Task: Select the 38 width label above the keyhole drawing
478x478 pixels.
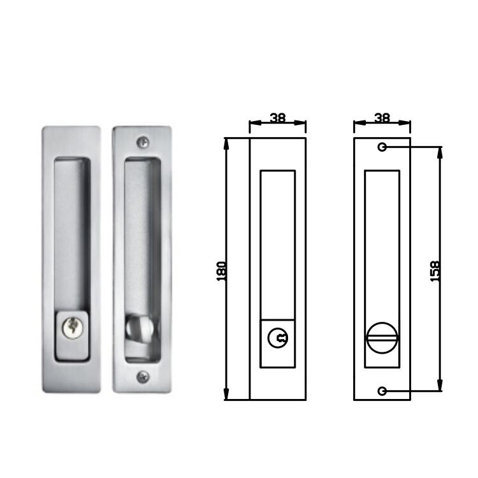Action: coord(277,118)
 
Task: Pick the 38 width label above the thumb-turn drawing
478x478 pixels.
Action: coord(382,118)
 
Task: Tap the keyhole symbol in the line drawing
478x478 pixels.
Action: coord(278,339)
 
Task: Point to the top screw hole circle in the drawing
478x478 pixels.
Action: coord(382,147)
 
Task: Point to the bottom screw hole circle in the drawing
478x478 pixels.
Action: coord(382,391)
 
